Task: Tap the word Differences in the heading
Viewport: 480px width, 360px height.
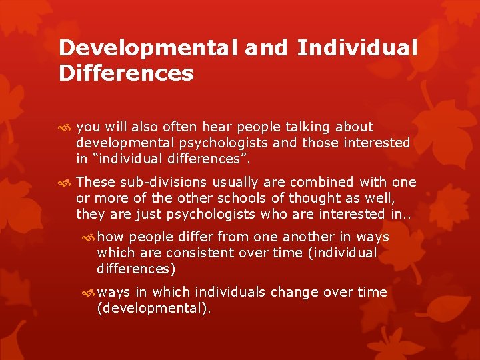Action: [126, 73]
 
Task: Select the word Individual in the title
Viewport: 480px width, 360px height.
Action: [357, 48]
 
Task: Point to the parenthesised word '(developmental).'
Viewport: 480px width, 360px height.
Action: [154, 309]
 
